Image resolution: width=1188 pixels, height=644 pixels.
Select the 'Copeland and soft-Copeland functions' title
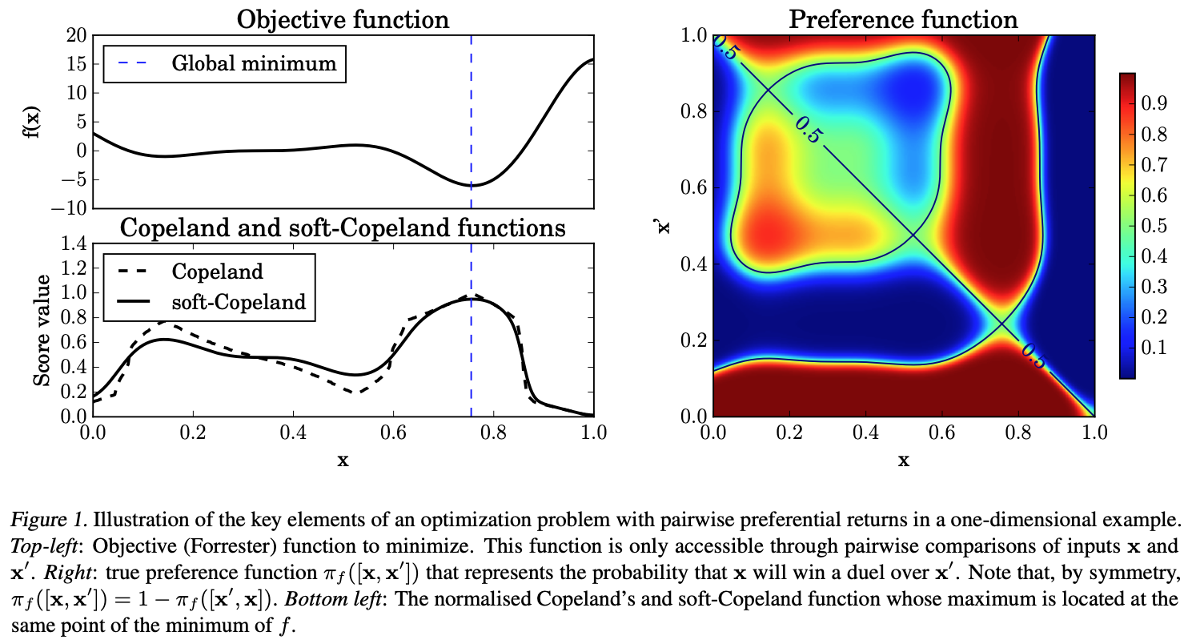click(343, 228)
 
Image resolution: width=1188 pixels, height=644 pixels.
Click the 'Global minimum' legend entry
click(254, 63)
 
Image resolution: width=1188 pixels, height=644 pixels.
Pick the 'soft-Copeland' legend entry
click(239, 302)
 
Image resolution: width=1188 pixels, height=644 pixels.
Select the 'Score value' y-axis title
click(42, 329)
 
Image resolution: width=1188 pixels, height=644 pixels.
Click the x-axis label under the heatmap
click(903, 460)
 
